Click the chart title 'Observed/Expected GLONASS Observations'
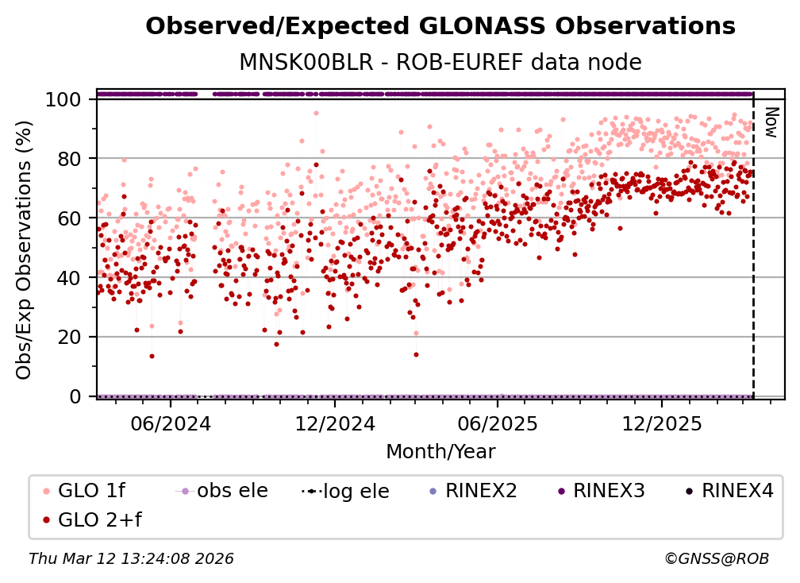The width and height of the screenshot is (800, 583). (x=440, y=26)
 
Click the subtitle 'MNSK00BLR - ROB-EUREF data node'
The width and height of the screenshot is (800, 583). (x=440, y=62)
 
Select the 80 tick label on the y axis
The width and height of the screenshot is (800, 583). (x=71, y=159)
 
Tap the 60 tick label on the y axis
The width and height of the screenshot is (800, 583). (x=71, y=218)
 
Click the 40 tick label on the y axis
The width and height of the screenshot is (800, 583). (x=71, y=278)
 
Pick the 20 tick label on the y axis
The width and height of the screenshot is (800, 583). (x=71, y=337)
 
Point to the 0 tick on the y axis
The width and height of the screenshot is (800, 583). (x=76, y=396)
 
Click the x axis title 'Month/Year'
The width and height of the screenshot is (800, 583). (x=440, y=452)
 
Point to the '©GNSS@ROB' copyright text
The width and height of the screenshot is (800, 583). (x=716, y=559)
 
